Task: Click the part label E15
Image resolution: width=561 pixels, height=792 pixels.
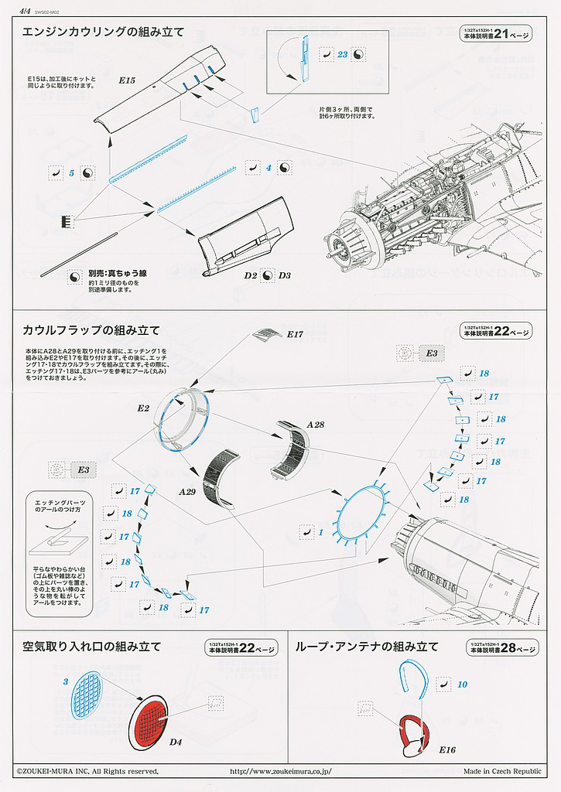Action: (128, 80)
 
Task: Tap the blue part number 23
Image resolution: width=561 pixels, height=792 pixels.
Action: (343, 54)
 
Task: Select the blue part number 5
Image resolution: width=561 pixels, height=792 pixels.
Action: (71, 173)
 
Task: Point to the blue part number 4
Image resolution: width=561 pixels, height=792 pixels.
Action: (269, 167)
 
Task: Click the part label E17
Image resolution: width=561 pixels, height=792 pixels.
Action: (295, 334)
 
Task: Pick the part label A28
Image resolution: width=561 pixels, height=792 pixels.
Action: (316, 424)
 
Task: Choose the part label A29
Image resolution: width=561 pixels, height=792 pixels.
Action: (187, 491)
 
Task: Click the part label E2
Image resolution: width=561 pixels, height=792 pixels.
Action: (143, 408)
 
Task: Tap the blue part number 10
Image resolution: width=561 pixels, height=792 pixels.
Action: (462, 684)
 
